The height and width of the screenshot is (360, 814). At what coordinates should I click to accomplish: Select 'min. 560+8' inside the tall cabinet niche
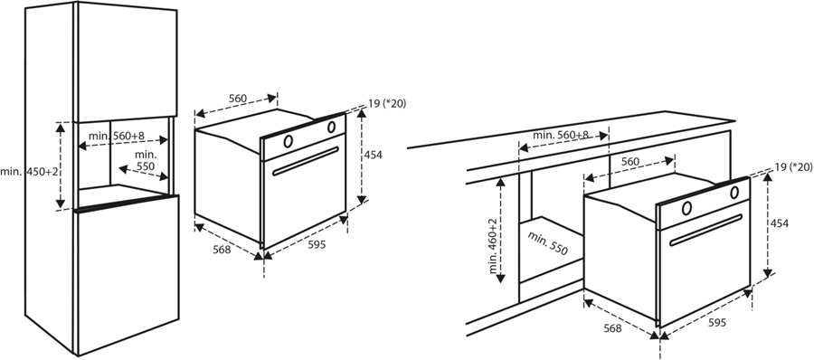pyautogui.click(x=117, y=136)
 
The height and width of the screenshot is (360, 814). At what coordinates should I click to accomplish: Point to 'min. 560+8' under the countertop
pyautogui.click(x=561, y=135)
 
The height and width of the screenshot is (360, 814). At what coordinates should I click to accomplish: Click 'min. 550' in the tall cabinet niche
pyautogui.click(x=146, y=160)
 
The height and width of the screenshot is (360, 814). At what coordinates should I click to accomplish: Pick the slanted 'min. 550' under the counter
pyautogui.click(x=548, y=243)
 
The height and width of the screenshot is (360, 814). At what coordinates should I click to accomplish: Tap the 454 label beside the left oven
pyautogui.click(x=373, y=155)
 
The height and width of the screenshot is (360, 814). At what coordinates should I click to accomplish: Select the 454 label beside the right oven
pyautogui.click(x=779, y=223)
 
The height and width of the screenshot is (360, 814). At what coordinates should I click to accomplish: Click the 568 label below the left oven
pyautogui.click(x=222, y=250)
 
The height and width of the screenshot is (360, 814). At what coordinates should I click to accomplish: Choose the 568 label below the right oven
pyautogui.click(x=612, y=327)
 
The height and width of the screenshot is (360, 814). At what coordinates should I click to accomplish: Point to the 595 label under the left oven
pyautogui.click(x=317, y=245)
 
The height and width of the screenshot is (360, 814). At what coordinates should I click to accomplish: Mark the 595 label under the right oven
pyautogui.click(x=717, y=323)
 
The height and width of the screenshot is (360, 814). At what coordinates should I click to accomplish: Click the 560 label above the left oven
pyautogui.click(x=237, y=99)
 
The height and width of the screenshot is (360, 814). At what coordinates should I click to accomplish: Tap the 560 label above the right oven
pyautogui.click(x=630, y=162)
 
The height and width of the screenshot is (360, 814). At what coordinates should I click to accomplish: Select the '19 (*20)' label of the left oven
pyautogui.click(x=387, y=103)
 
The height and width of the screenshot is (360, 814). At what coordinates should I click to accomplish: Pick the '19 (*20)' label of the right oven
pyautogui.click(x=793, y=166)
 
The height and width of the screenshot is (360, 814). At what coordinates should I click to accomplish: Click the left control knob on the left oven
pyautogui.click(x=288, y=141)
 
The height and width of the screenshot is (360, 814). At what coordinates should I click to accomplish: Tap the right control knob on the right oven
pyautogui.click(x=734, y=193)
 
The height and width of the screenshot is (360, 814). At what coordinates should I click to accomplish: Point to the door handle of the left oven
pyautogui.click(x=306, y=161)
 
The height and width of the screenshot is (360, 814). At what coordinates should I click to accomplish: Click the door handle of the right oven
pyautogui.click(x=706, y=230)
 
